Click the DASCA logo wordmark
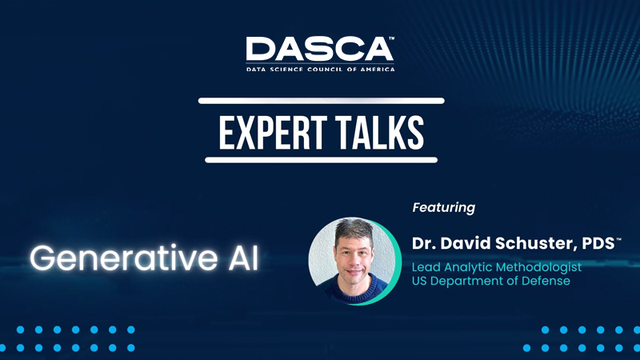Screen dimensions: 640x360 pos(318,49)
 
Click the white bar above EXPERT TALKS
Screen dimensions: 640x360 pos(322,101)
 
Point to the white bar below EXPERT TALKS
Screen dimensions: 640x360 pos(322,160)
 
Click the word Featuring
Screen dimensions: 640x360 pos(444,207)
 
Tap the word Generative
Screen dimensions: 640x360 pos(124,258)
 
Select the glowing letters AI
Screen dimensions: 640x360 pos(244,258)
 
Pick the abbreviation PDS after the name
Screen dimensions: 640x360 pos(598,243)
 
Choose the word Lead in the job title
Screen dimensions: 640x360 pos(426,267)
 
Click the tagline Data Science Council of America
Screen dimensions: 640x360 pos(321,70)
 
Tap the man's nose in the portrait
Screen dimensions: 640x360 pos(354,259)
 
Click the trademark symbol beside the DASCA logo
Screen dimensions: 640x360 pos(391,38)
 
